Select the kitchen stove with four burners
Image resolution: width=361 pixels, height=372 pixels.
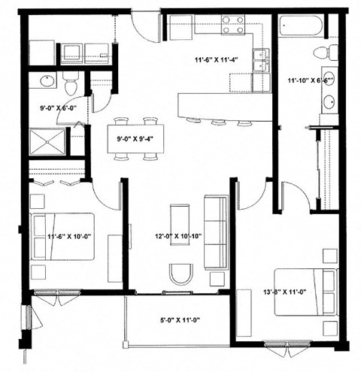pyautogui.click(x=232, y=24)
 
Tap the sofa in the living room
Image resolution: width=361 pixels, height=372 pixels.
pyautogui.click(x=216, y=230)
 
